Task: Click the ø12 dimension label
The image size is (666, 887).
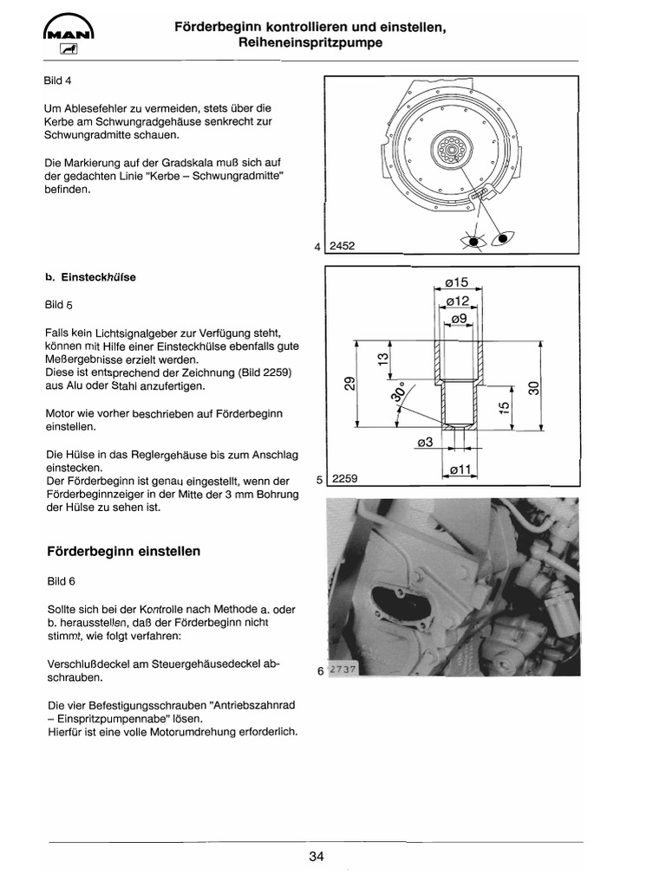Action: point(456,301)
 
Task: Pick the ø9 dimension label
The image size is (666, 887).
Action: point(456,319)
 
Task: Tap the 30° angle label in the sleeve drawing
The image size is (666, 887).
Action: point(399,396)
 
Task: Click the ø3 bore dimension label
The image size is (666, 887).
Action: point(425,443)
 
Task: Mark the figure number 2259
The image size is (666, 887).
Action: point(344,478)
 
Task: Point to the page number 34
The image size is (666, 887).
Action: point(316,857)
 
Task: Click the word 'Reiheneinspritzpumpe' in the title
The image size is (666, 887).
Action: point(310,42)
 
